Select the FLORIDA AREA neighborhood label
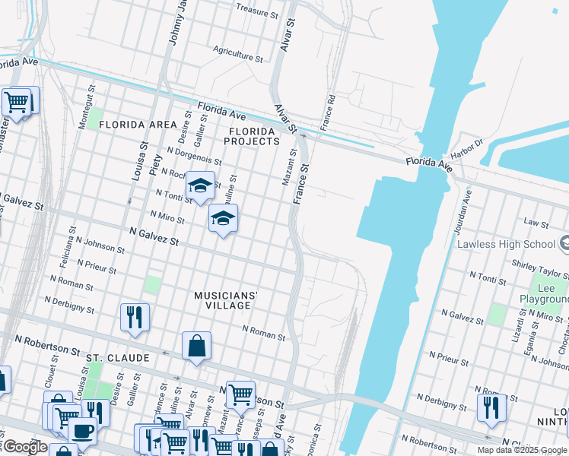[138, 124]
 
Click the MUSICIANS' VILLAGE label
[226, 299]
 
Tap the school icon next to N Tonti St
[199, 186]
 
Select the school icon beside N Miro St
[223, 218]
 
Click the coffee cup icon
[82, 430]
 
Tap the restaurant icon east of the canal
[491, 407]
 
